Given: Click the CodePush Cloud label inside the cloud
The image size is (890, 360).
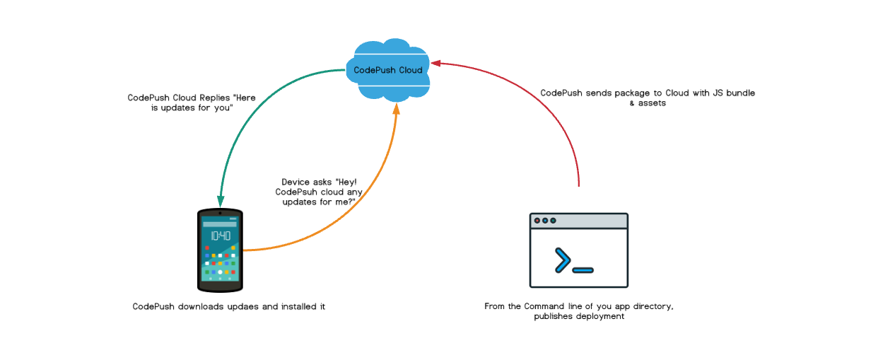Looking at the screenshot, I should pos(388,70).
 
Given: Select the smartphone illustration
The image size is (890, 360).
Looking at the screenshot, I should pos(220,250).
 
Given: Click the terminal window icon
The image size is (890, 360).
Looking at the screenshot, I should pos(579,250).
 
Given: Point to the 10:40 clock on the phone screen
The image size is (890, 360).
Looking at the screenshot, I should pos(220,236).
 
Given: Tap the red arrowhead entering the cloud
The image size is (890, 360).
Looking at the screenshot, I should pos(436,63).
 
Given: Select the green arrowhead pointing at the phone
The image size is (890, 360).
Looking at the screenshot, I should pos(221,202).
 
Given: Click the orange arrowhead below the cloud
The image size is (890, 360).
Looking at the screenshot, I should pos(396,108).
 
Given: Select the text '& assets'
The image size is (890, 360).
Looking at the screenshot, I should pos(648,103).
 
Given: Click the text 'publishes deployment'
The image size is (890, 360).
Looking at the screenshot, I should pos(579,316).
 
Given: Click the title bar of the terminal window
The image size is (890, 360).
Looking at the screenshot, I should pos(579,221).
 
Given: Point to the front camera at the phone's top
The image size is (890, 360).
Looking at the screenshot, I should pos(220,213).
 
